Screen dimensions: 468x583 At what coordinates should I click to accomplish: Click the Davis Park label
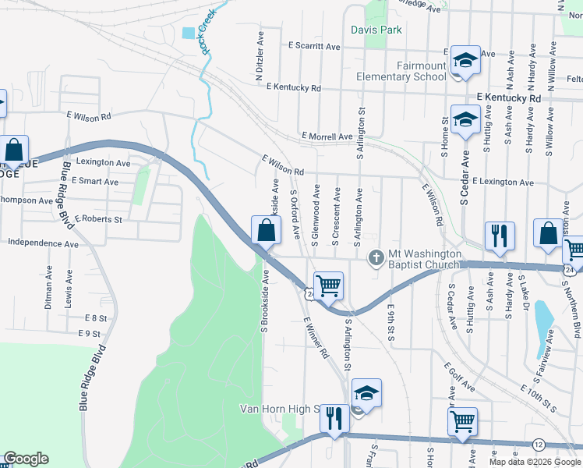(x=376, y=30)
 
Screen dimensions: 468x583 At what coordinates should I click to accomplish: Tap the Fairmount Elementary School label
(x=401, y=71)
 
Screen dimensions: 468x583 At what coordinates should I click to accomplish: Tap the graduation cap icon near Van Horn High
(x=366, y=394)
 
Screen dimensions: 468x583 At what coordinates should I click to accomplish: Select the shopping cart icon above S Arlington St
(x=328, y=285)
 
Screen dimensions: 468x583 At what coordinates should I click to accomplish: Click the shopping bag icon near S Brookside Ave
(x=266, y=230)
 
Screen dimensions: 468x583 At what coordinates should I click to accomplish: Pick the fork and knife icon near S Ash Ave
(x=499, y=235)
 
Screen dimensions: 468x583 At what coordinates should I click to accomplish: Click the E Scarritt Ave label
(x=314, y=47)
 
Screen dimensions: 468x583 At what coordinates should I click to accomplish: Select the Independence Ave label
(x=43, y=243)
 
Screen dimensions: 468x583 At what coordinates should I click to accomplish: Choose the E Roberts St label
(x=99, y=220)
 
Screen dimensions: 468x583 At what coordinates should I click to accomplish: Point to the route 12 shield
(x=539, y=444)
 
